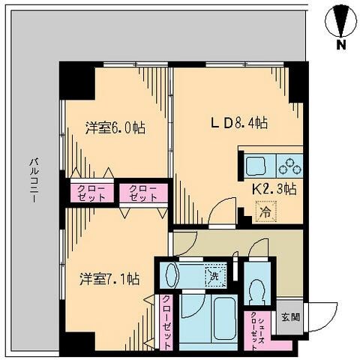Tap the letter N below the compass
(x=340, y=45)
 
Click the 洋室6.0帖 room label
(x=115, y=128)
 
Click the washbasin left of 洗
(x=172, y=274)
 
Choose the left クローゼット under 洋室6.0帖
(x=90, y=192)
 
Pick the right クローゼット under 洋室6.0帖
(x=142, y=192)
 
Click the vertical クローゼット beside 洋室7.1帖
(x=166, y=319)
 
